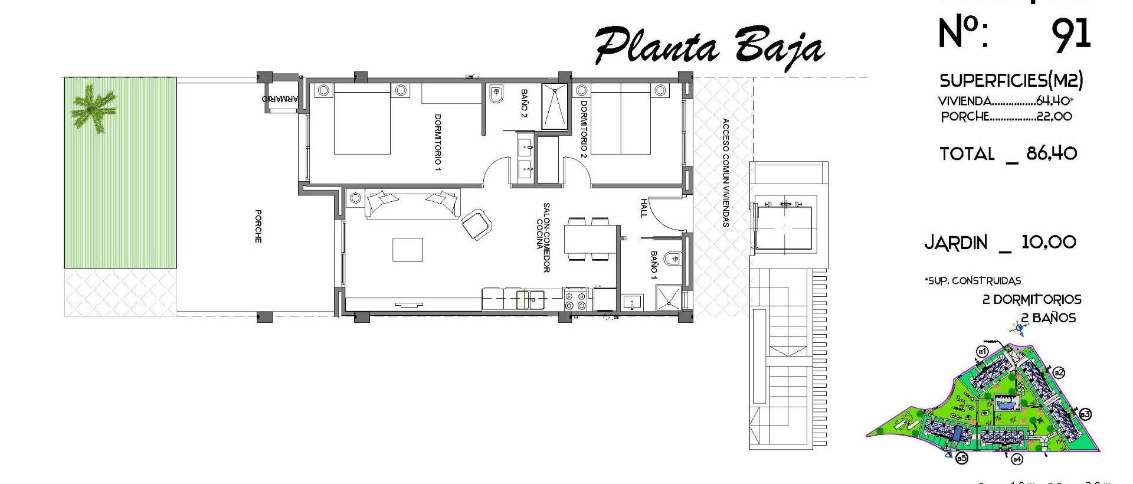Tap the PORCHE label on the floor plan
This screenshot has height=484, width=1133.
(258, 226)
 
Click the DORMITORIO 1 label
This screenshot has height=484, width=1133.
(437, 142)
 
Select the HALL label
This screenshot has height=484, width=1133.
(643, 208)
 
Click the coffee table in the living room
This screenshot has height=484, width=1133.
(408, 249)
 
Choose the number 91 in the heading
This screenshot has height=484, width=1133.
(1070, 34)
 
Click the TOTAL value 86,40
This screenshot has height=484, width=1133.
(1052, 154)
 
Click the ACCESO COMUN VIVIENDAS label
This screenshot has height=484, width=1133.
(725, 172)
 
